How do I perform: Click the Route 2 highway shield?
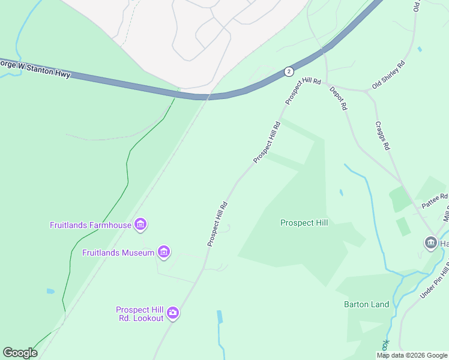pos(289,71)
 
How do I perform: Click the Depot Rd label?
pos(339,98)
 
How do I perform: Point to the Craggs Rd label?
pos(383,136)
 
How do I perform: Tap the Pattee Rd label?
pos(435,200)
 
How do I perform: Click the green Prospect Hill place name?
pos(304,223)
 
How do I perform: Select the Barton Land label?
pos(366,304)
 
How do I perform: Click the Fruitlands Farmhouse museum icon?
pos(141,225)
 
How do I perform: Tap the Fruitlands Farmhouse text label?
pos(90,226)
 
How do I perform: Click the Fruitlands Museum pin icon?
pos(163,251)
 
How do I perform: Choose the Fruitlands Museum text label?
pos(118,253)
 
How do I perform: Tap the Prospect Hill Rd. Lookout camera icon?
pos(173,313)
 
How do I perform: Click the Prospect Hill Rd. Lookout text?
pos(140,314)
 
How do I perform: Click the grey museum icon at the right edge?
pos(430,243)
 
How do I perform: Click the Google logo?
pos(20,353)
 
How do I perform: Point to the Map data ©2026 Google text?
pos(412,355)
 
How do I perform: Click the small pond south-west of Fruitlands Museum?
pos(50,292)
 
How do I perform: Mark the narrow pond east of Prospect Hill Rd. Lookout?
pos(220,317)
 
